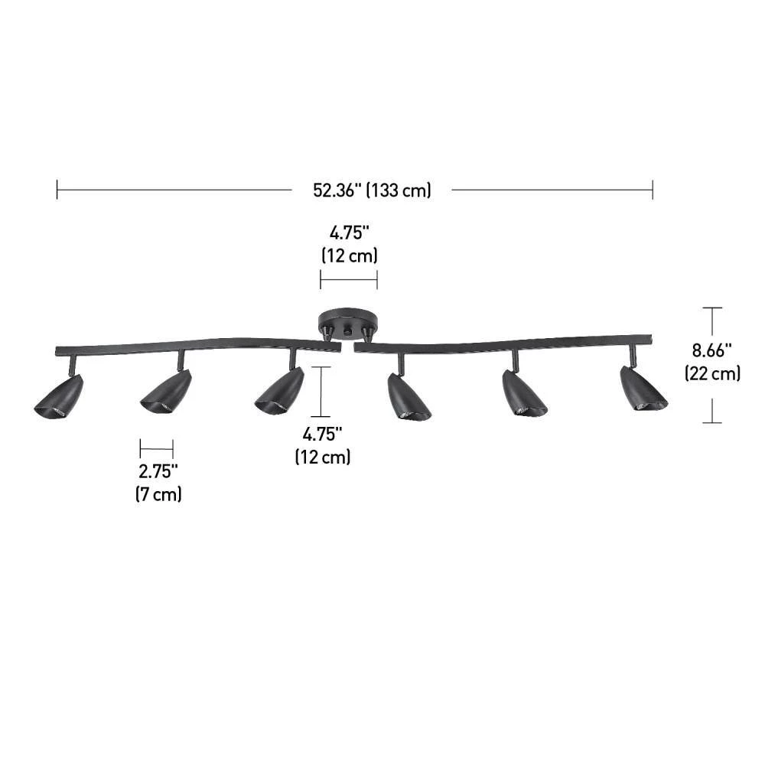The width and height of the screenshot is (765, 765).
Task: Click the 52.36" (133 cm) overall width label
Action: tap(372, 190)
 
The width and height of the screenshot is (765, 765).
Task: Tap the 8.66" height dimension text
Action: tap(711, 350)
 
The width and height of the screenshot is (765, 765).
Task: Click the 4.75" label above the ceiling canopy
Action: tap(350, 233)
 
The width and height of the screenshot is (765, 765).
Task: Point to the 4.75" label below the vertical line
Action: tap(322, 434)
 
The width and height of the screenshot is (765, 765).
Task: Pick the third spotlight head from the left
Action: tap(279, 390)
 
